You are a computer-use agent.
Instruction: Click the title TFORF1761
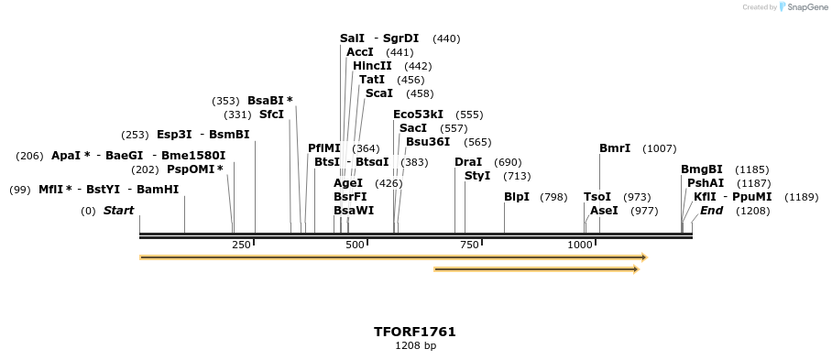(414, 332)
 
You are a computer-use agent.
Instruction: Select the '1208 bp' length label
(414, 346)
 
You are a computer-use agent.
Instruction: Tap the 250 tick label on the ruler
(241, 245)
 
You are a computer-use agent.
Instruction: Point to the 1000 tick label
(580, 245)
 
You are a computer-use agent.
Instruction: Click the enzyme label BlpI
(517, 197)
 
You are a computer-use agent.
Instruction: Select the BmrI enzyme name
(615, 148)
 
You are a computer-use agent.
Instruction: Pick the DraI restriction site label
(468, 162)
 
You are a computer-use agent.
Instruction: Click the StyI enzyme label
(477, 176)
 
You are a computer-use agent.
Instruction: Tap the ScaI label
(378, 93)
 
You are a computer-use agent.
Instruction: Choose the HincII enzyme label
(372, 66)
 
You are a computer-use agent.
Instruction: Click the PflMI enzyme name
(323, 148)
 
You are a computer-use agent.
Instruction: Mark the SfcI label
(271, 115)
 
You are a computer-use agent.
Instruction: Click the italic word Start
(118, 211)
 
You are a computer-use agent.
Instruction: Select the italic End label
(711, 211)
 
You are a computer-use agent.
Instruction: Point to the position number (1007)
(660, 148)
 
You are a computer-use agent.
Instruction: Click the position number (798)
(553, 197)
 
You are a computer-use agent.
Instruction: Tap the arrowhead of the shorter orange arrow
(634, 269)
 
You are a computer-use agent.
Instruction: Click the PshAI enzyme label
(706, 183)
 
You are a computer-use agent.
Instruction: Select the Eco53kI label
(418, 115)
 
